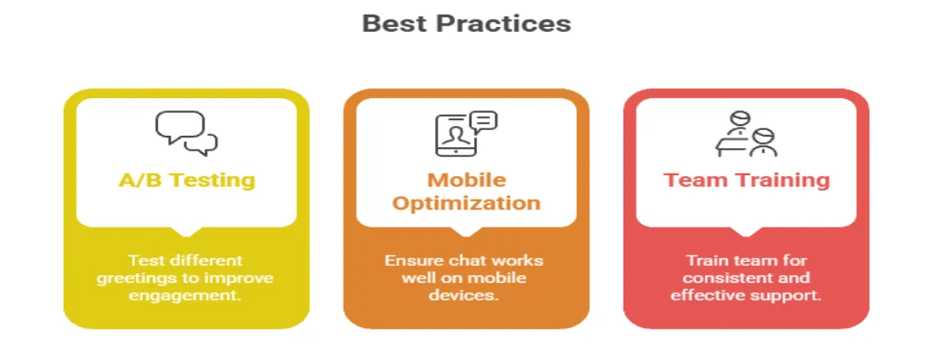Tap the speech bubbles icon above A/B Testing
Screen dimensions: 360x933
(x=187, y=133)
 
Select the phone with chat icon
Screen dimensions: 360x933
(x=466, y=133)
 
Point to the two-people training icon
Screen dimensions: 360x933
(x=746, y=133)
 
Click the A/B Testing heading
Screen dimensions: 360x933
(x=187, y=180)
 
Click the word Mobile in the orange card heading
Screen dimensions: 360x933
(x=466, y=180)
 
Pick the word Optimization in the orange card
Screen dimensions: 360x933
(x=466, y=203)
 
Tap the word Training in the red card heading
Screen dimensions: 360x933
(x=780, y=180)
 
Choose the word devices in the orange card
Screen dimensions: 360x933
(x=466, y=296)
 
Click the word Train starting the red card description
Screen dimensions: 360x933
(x=706, y=261)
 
